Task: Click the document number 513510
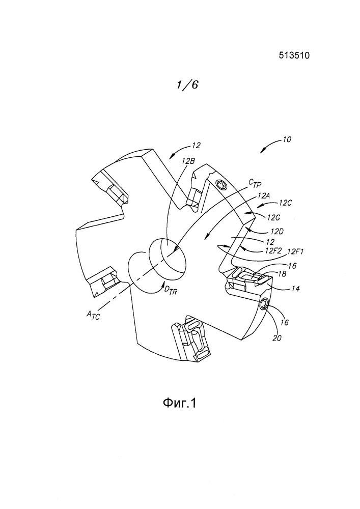[x=294, y=55]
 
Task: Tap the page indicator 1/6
[x=187, y=84]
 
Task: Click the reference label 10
[x=287, y=139]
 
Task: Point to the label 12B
[x=188, y=161]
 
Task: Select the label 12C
[x=285, y=203]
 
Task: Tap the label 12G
[x=274, y=218]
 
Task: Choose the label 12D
[x=277, y=232]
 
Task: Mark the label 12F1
[x=295, y=251]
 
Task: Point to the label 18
[x=282, y=274]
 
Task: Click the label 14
[x=295, y=288]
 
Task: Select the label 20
[x=277, y=338]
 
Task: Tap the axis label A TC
[x=93, y=315]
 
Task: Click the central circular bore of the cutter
[x=168, y=259]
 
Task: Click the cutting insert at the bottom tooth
[x=193, y=341]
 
